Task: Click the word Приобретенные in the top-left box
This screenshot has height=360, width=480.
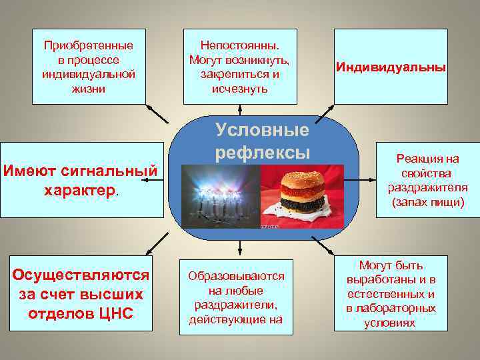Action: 89,46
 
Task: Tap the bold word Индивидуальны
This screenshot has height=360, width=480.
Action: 391,67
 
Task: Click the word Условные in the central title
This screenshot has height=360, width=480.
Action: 261,129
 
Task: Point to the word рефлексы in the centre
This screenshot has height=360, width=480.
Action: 262,153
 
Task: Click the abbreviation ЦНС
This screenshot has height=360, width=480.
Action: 117,313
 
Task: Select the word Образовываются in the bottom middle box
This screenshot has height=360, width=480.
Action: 236,276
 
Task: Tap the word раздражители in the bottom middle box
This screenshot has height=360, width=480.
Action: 236,305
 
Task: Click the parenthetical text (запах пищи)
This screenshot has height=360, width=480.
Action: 427,201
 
